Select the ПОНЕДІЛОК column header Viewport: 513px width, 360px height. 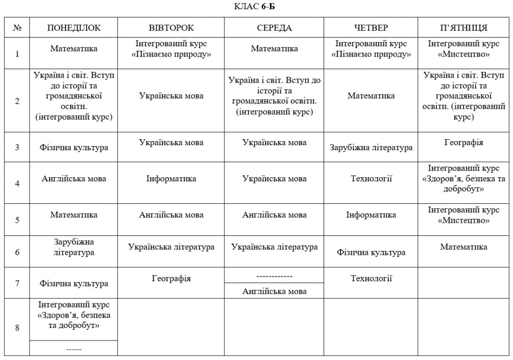[74, 28]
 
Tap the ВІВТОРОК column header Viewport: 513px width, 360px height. [171, 28]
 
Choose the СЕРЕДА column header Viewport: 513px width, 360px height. [274, 28]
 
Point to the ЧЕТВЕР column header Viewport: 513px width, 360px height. [371, 28]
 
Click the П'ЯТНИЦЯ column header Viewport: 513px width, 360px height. [463, 28]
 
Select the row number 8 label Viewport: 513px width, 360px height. [17, 328]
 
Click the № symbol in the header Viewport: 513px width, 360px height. [17, 28]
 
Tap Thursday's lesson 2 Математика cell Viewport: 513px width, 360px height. [371, 96]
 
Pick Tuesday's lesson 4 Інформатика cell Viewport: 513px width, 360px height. [171, 179]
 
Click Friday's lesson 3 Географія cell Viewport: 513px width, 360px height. [463, 143]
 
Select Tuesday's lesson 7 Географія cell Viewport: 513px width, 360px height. [171, 278]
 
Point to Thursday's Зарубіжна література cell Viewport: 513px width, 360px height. [371, 148]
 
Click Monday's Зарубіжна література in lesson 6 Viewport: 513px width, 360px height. [74, 247]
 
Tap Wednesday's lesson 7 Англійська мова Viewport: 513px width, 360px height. [274, 291]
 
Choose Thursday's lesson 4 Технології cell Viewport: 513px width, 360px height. [371, 179]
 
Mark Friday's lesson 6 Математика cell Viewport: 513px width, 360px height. [463, 247]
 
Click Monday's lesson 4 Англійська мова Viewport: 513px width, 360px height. [74, 179]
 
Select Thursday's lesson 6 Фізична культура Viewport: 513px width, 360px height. [371, 253]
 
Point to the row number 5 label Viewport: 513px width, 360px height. [17, 219]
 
